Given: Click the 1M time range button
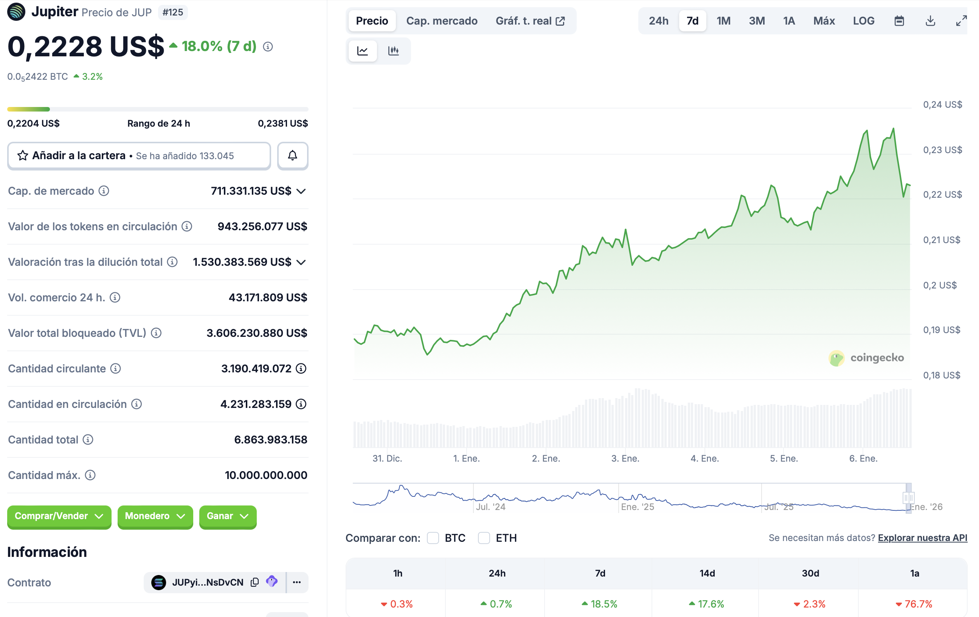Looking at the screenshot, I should coord(723,21).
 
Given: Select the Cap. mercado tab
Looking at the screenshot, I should coord(442,21).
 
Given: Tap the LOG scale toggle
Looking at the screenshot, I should coord(863,21).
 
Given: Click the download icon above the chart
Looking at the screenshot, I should coord(930,21).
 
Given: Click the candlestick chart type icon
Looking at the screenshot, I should coord(393,51).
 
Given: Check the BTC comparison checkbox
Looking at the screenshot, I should coord(433,538).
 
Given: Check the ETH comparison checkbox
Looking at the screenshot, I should coord(484,538).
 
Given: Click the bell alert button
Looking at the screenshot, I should coord(292,155).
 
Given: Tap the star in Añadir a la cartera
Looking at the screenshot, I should coord(23,155).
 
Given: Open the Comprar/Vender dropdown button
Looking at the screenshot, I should coord(59,516).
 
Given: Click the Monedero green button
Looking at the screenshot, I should coord(155,516).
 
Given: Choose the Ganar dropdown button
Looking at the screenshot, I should coord(227,516).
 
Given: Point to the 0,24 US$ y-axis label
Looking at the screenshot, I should coord(942,104).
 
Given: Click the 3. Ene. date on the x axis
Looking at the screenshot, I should coord(625,458).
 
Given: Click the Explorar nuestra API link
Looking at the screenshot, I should coord(922,538).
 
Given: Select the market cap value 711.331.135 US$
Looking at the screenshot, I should coord(251,191).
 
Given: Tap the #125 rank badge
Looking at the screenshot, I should coord(173,12).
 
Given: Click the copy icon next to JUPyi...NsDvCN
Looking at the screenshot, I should coord(255,582).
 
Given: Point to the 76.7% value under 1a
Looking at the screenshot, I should coord(918,604).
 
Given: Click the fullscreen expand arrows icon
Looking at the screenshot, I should coord(961,21).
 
